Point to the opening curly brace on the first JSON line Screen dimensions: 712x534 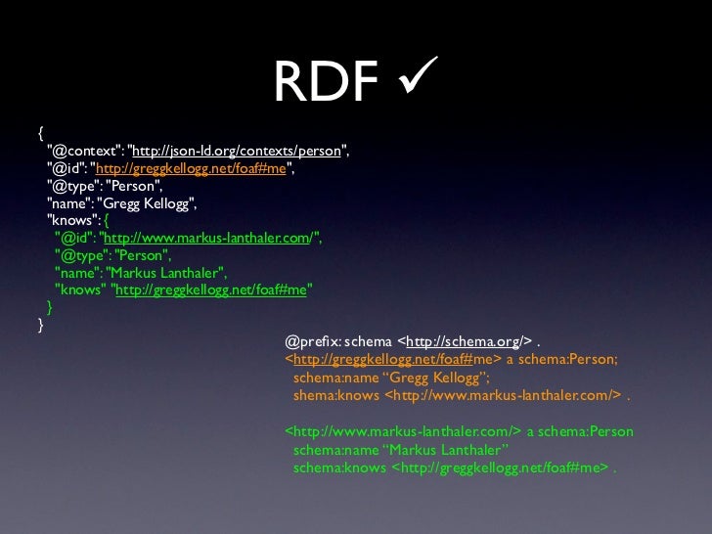point(40,132)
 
